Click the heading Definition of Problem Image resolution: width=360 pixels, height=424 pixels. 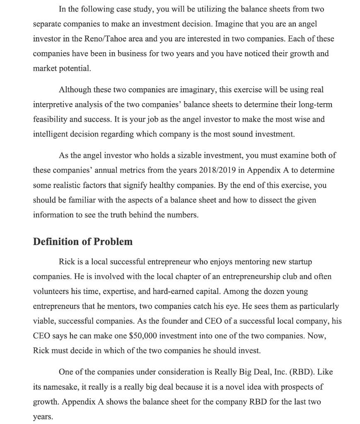pos(83,242)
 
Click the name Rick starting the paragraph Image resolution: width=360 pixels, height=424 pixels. pos(67,262)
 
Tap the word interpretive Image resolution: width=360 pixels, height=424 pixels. pos(52,104)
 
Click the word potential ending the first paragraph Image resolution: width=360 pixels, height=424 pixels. pos(75,68)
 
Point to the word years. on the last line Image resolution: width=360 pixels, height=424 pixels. pos(43,417)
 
